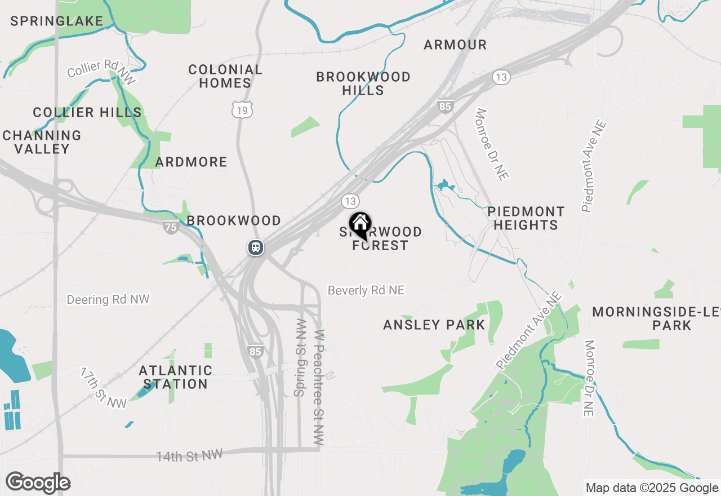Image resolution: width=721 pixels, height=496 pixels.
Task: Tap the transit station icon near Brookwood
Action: (x=255, y=247)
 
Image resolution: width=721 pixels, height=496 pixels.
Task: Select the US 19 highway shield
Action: (x=242, y=110)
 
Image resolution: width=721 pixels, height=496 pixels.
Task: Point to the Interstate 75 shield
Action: (x=171, y=227)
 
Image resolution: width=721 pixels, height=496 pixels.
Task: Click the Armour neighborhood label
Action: (x=455, y=45)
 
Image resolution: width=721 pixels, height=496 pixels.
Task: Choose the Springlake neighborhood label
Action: (x=57, y=21)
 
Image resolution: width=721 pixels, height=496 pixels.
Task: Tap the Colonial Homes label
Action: (x=225, y=76)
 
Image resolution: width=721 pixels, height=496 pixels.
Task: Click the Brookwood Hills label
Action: (x=363, y=83)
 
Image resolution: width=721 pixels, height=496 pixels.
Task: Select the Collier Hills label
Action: (x=87, y=112)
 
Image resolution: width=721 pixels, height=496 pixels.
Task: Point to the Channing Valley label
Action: (x=42, y=142)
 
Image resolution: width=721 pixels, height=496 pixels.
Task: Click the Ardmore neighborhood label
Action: (x=192, y=162)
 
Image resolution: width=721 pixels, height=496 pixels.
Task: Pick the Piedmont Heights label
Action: (x=526, y=218)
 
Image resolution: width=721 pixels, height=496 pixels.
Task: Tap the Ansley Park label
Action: (x=434, y=325)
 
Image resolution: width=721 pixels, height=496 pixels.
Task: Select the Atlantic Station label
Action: (x=175, y=377)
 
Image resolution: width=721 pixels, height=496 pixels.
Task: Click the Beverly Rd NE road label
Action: (x=366, y=290)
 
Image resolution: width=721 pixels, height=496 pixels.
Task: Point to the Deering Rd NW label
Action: (x=108, y=299)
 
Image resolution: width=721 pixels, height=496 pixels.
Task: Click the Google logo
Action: (x=38, y=483)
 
